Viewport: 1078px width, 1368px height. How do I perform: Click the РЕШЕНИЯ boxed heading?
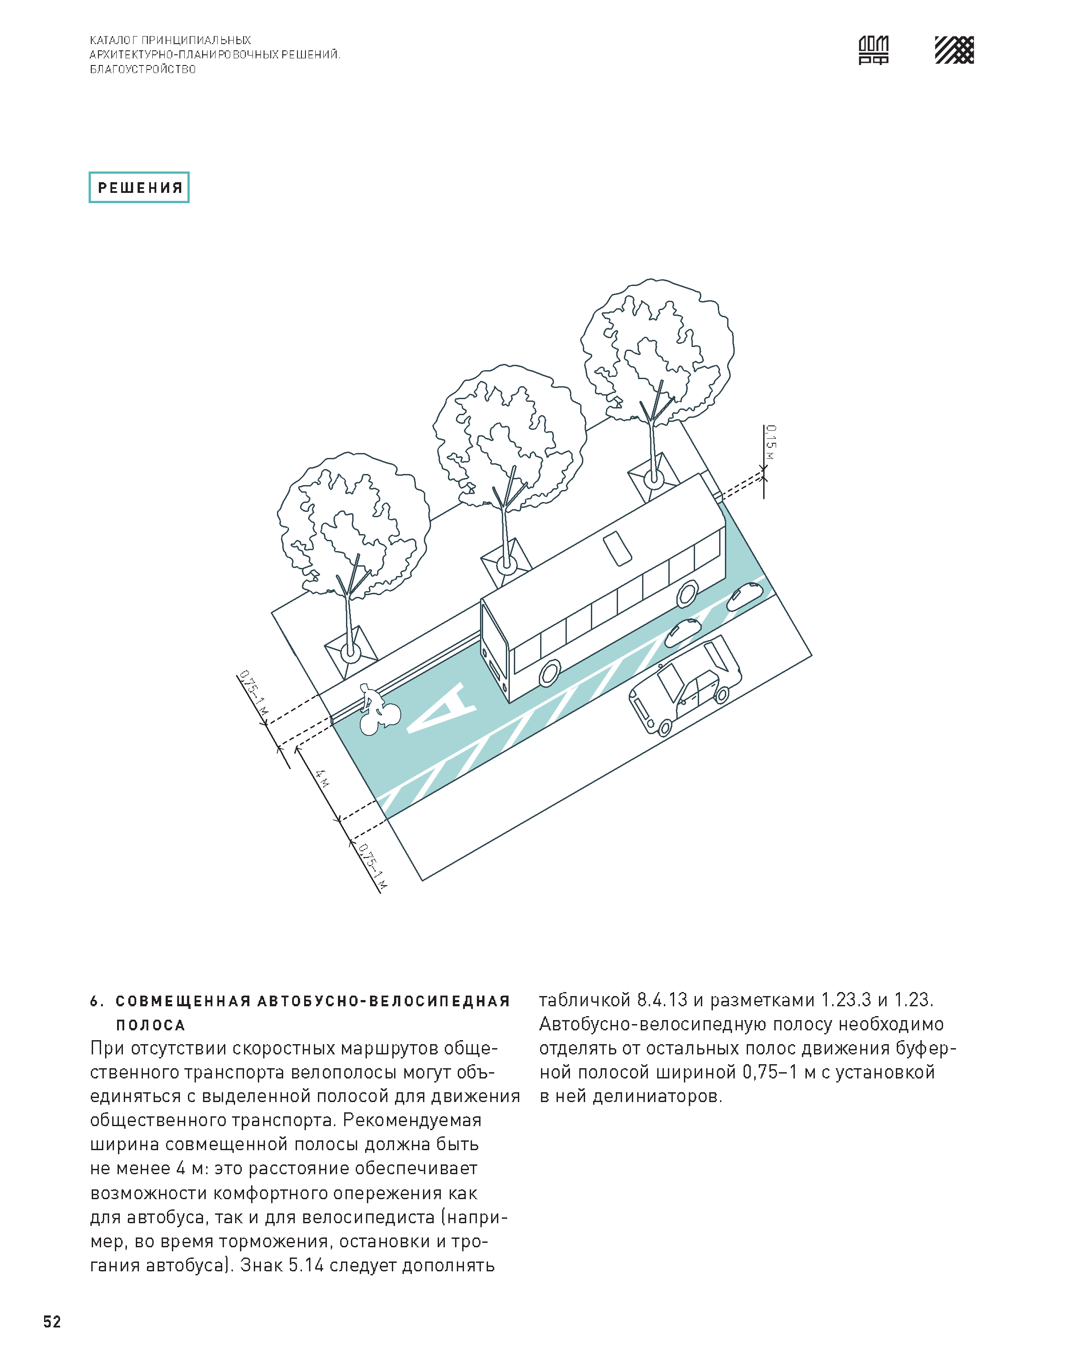139,188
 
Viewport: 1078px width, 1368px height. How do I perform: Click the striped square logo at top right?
954,50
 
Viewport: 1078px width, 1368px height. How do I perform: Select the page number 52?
52,1321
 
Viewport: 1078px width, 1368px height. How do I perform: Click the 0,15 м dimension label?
771,445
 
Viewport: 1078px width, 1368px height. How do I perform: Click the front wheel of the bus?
550,673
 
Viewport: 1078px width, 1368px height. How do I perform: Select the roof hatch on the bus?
617,548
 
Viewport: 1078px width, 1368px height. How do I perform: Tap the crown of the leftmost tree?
354,524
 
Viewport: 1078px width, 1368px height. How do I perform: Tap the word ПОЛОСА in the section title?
150,1025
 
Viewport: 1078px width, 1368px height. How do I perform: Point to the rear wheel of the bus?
687,593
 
